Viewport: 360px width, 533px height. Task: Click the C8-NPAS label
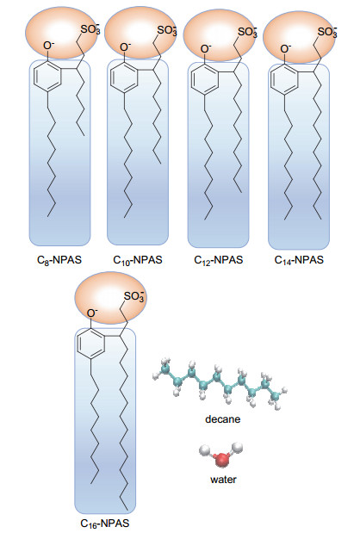[x=59, y=260]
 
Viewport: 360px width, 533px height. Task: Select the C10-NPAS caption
[x=138, y=260]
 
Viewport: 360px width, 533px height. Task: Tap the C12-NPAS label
[x=218, y=260]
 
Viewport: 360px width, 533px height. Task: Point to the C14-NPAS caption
[x=299, y=260]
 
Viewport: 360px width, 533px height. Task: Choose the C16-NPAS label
[x=105, y=524]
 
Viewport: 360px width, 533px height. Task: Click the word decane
[x=223, y=419]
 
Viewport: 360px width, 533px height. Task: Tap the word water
[x=223, y=480]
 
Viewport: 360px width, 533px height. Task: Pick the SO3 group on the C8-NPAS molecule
[x=90, y=29]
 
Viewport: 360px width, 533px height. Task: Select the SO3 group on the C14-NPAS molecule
[x=327, y=32]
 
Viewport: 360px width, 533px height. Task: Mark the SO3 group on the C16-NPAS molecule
[x=134, y=296]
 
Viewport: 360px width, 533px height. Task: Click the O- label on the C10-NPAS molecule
[x=126, y=46]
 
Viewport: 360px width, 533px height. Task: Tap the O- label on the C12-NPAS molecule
[x=206, y=48]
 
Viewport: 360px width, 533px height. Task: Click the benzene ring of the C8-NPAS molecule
[x=47, y=77]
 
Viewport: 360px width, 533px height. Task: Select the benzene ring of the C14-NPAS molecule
[x=284, y=79]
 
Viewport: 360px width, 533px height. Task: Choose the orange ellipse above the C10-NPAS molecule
[x=140, y=34]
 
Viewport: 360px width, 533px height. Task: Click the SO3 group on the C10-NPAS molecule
[x=167, y=30]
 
